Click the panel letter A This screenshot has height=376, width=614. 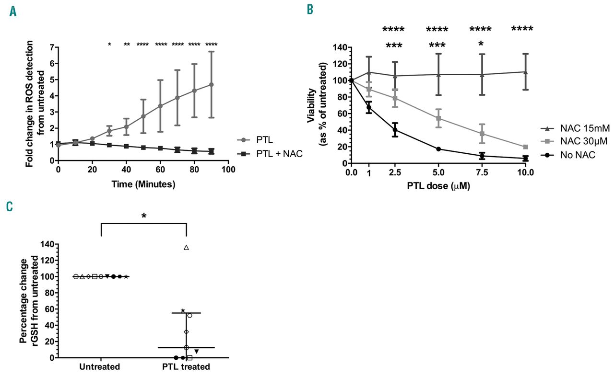pos(13,11)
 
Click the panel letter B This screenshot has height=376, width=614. pos(310,9)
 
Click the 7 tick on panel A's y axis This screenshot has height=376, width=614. pos(51,47)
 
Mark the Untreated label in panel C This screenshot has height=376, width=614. pos(101,367)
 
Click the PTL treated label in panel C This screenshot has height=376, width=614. pos(186,367)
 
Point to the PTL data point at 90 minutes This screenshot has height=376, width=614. pos(211,84)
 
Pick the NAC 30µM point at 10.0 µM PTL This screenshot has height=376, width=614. pos(526,147)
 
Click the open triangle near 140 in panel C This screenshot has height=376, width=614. pos(186,248)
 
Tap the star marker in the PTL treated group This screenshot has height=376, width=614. pos(183,311)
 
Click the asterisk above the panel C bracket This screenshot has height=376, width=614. pos(143,216)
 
